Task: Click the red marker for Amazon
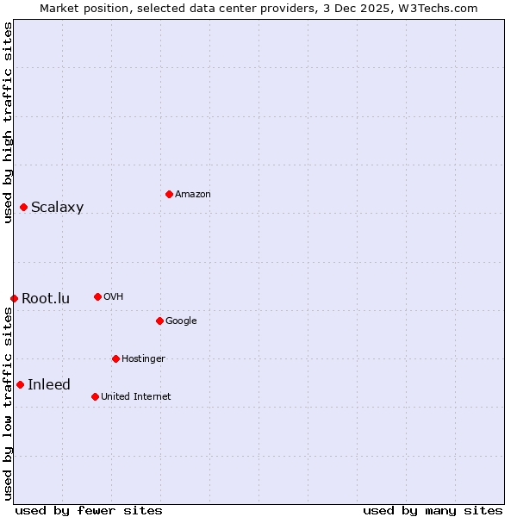click(x=169, y=194)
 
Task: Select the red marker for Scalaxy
click(x=23, y=207)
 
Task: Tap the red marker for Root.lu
click(x=14, y=298)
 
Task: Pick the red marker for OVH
click(x=97, y=296)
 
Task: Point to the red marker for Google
click(x=159, y=321)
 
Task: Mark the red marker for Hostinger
click(x=115, y=358)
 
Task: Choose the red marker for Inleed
click(x=20, y=384)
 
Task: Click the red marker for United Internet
click(x=95, y=396)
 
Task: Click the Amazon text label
click(x=193, y=195)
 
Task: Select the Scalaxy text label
click(x=57, y=208)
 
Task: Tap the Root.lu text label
click(x=46, y=299)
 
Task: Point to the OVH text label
click(x=114, y=297)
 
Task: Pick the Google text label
click(x=181, y=321)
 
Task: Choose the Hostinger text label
click(x=143, y=359)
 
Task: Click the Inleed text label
click(x=49, y=385)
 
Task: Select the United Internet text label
click(x=136, y=397)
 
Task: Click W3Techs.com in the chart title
click(x=436, y=8)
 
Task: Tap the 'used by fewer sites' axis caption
click(x=89, y=510)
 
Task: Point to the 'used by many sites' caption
click(x=433, y=510)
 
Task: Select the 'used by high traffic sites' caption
click(x=8, y=122)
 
